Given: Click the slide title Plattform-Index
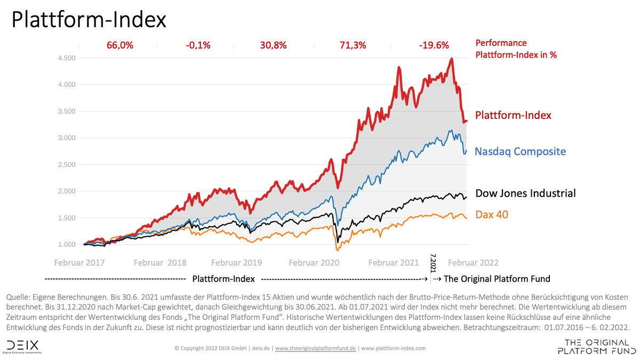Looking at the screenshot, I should click(89, 20).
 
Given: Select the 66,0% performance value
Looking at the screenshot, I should click(119, 45).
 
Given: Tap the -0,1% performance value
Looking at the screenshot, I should click(196, 45).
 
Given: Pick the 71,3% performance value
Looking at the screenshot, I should click(353, 45).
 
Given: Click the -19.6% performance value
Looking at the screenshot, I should click(434, 45).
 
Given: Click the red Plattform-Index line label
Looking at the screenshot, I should click(513, 115).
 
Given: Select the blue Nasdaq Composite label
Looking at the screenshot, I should click(520, 151).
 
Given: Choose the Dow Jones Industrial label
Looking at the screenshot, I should click(525, 193).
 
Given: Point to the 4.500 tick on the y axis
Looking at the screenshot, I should click(67, 58).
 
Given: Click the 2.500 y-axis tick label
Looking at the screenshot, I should click(67, 164).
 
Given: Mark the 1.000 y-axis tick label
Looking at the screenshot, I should click(67, 244).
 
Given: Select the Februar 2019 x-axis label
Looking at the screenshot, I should click(237, 262).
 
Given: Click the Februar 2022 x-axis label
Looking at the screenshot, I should click(473, 262).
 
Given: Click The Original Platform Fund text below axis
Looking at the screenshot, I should click(497, 279).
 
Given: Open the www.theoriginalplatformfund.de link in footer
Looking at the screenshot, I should click(315, 348).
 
